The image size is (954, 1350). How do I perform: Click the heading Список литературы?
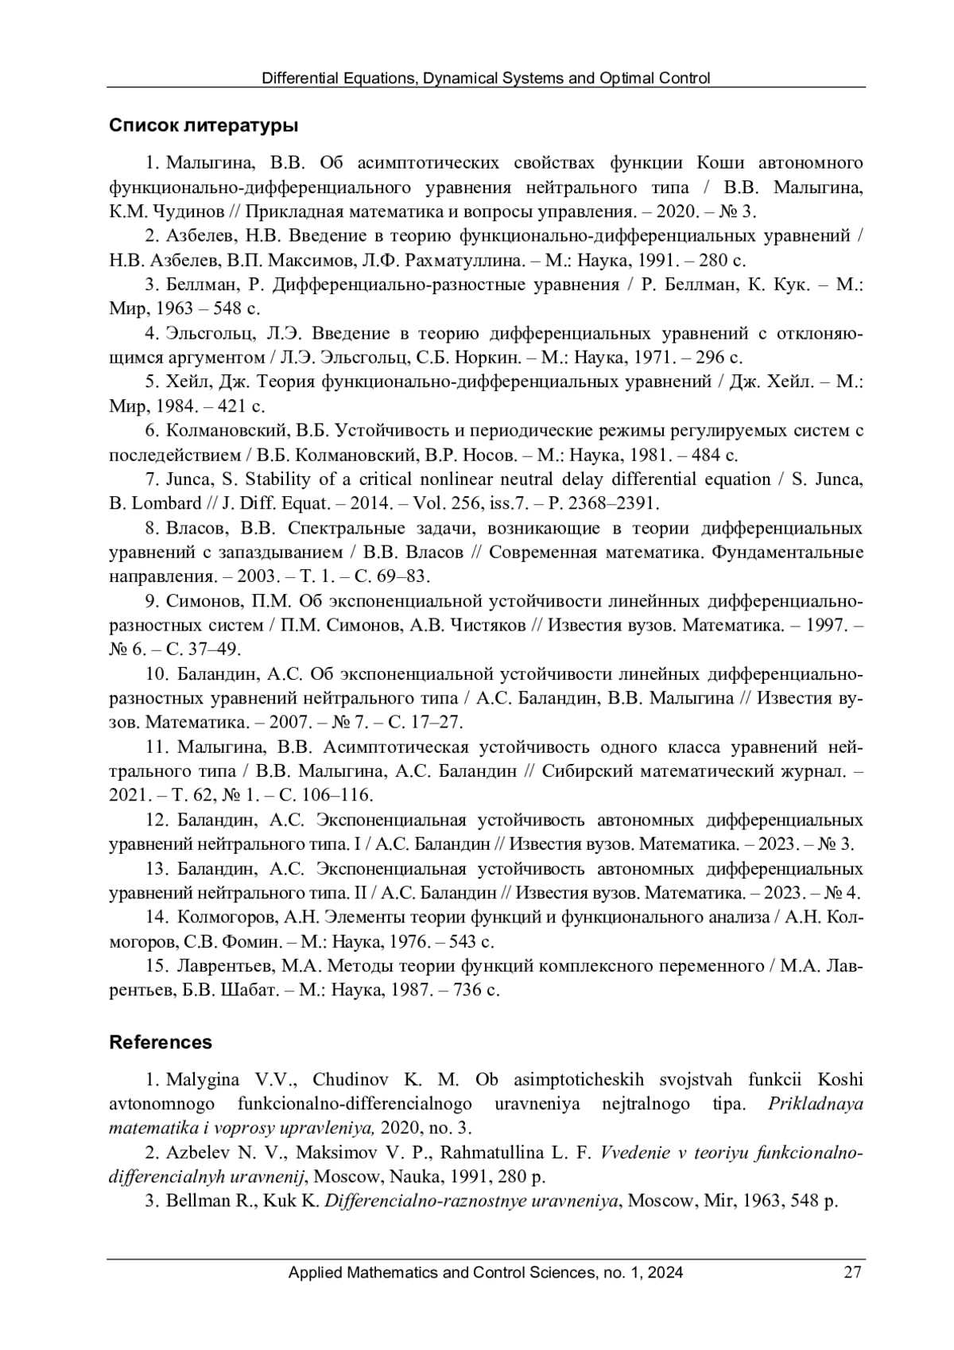tap(204, 126)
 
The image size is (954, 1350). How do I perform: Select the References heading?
tap(161, 1042)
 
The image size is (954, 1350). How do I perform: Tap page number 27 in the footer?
tap(852, 1273)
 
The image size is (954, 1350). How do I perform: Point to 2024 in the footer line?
tap(665, 1273)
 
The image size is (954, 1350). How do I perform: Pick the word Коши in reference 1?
tap(720, 164)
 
